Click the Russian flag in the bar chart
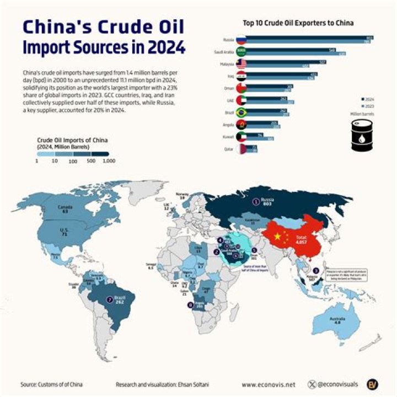click(x=241, y=40)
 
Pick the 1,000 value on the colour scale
click(x=109, y=160)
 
